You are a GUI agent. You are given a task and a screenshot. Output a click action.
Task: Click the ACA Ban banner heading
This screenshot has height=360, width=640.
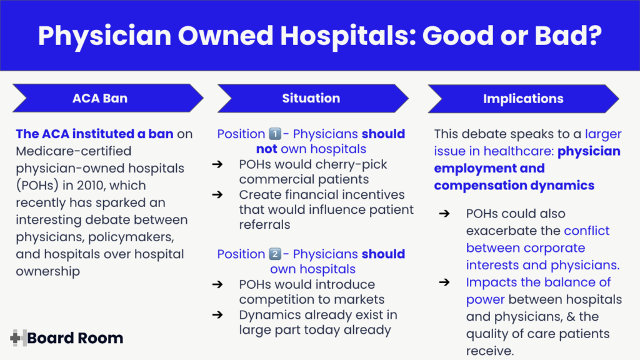click(x=100, y=98)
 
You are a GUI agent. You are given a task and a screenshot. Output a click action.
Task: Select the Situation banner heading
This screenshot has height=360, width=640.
click(x=311, y=97)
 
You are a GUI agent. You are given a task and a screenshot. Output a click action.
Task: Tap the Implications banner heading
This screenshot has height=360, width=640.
click(x=522, y=99)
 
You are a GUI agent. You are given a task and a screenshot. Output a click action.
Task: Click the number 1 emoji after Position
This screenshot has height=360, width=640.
click(x=275, y=134)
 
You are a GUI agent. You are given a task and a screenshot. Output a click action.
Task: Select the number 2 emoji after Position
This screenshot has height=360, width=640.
click(x=275, y=254)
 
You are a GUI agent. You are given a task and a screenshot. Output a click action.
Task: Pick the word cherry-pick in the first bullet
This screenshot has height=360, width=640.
click(x=351, y=164)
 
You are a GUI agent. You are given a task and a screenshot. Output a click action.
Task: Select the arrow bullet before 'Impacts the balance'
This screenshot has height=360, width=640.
click(x=444, y=282)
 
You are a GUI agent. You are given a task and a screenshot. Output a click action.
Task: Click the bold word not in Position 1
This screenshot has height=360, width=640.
click(x=267, y=149)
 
